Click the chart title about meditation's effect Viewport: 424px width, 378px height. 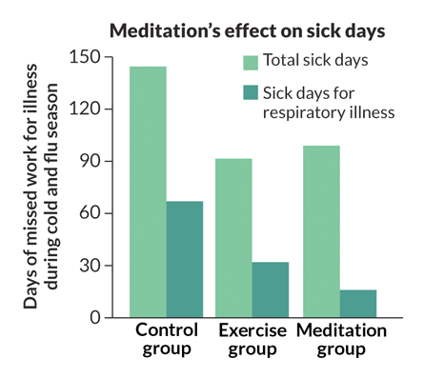click(248, 30)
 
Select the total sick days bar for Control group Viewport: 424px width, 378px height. click(148, 190)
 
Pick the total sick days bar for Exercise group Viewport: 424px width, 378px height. click(233, 237)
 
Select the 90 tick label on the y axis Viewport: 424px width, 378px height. click(91, 161)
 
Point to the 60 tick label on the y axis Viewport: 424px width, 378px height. click(91, 213)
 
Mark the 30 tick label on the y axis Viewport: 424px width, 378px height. click(91, 265)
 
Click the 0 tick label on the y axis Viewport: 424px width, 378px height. click(95, 317)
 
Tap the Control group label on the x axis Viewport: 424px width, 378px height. click(167, 340)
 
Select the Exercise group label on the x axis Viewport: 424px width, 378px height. click(252, 340)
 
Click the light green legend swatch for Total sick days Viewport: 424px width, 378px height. click(251, 62)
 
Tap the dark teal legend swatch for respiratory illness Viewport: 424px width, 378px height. click(251, 93)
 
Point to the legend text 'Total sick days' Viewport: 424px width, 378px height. click(315, 62)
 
